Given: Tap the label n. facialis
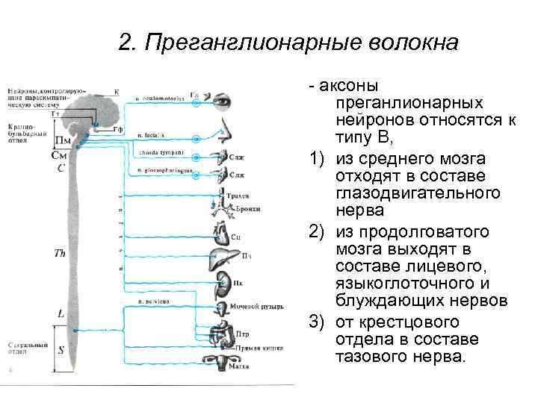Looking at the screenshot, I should coord(151,135).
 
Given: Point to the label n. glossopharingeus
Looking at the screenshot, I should coord(165,171).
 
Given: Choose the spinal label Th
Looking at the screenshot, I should coord(60,254).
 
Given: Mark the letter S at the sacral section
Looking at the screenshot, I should coord(61,349).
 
